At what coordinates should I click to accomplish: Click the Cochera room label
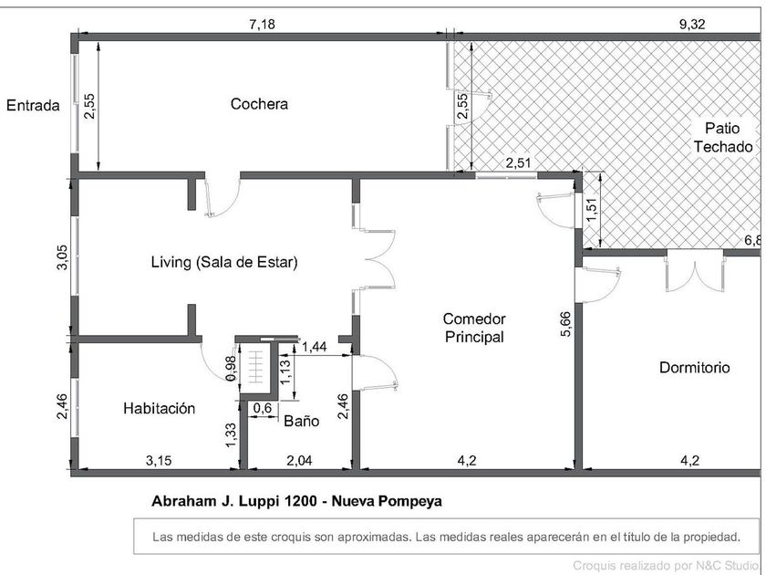[259, 104]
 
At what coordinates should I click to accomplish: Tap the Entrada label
[33, 105]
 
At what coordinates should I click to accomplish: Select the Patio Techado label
[723, 138]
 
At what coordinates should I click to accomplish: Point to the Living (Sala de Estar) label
[224, 262]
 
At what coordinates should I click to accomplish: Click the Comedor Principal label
[474, 328]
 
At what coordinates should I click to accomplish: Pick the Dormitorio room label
[694, 367]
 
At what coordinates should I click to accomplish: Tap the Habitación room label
[159, 408]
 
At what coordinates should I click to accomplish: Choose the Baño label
[302, 421]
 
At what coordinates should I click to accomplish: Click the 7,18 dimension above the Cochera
[263, 24]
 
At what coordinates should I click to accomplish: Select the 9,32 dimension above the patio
[692, 24]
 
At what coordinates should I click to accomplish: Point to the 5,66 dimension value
[565, 324]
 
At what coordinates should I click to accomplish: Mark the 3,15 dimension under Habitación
[159, 461]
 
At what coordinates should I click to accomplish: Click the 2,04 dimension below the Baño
[299, 461]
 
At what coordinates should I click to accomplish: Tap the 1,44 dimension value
[314, 347]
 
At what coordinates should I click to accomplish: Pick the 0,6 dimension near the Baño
[263, 408]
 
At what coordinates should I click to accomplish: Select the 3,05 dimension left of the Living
[63, 257]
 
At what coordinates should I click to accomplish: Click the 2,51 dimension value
[518, 162]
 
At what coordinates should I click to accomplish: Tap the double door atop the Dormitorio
[694, 273]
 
